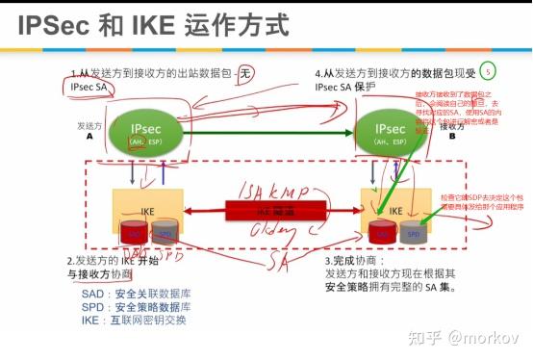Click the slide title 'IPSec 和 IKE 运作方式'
tap(154, 24)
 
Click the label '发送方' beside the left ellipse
tap(90, 125)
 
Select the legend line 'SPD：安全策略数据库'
tap(136, 307)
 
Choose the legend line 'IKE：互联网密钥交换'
tap(134, 321)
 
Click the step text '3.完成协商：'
tap(356, 261)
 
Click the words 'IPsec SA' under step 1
tap(94, 88)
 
